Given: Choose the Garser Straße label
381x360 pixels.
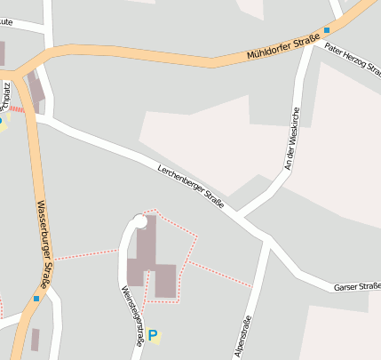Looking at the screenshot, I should (357, 286).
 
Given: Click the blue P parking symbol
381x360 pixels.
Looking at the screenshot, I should (154, 336).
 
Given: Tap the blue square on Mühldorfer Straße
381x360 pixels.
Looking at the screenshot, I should (327, 29).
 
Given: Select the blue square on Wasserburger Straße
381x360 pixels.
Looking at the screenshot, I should (36, 299).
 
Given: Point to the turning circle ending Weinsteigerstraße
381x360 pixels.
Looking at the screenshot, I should (139, 220).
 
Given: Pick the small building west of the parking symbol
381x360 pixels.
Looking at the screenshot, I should (35, 339).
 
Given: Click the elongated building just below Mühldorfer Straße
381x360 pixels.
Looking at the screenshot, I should (36, 87).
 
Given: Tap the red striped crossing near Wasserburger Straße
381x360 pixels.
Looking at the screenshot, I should (17, 109).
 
